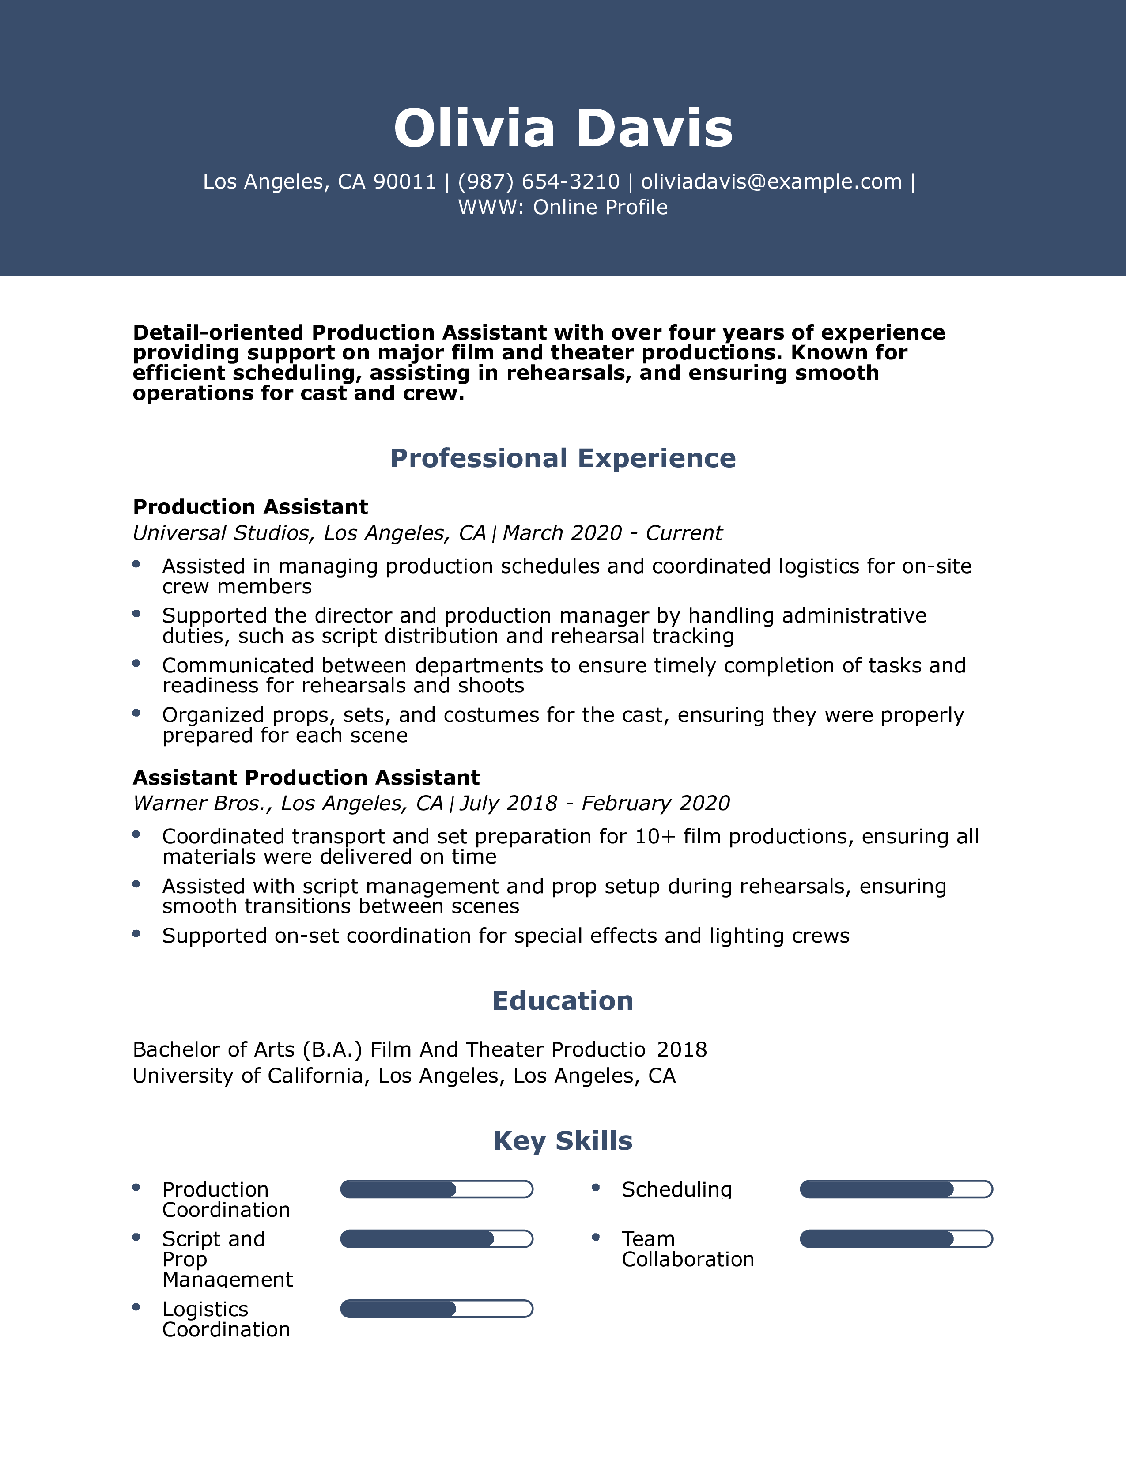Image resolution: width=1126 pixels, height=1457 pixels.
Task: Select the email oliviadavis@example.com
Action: pos(771,181)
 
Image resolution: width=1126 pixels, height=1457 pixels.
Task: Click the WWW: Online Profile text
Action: pos(563,208)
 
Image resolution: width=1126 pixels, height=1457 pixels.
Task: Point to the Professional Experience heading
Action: pos(563,458)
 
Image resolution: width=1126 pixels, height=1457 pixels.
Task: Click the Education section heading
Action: pos(563,1000)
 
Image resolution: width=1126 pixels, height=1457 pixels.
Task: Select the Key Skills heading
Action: pos(563,1141)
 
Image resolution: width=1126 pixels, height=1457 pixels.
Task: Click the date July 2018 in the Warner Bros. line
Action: pos(508,803)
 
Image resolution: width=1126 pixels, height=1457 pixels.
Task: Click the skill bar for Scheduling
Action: pos(896,1189)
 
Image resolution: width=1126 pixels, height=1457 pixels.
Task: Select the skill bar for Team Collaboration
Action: pos(896,1239)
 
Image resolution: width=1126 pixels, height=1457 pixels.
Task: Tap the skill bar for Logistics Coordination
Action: pos(436,1309)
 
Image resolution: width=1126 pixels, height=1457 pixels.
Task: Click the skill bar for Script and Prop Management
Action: pos(436,1239)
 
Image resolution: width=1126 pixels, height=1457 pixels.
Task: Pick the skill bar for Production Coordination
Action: pos(436,1189)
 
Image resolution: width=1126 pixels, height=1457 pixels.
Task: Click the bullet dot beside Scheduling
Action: pos(596,1188)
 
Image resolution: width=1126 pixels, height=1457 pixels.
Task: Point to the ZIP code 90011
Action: pos(404,181)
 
